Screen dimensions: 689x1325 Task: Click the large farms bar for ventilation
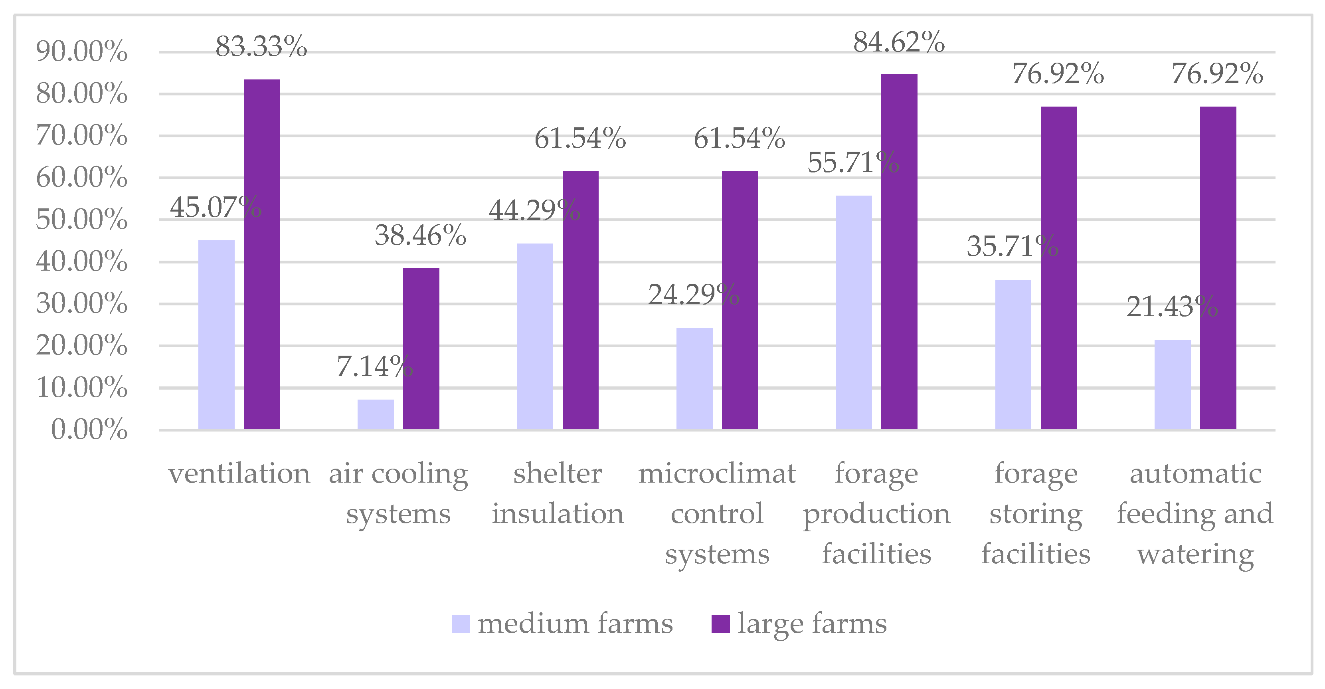(x=262, y=254)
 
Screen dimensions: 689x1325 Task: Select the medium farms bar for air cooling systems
(x=376, y=414)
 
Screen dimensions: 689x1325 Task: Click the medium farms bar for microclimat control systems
(x=694, y=378)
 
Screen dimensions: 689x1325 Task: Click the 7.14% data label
(x=374, y=366)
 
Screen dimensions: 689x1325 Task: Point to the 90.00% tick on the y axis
(x=81, y=51)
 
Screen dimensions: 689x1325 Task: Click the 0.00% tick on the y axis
(x=89, y=429)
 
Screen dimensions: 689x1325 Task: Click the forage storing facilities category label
(x=1035, y=513)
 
